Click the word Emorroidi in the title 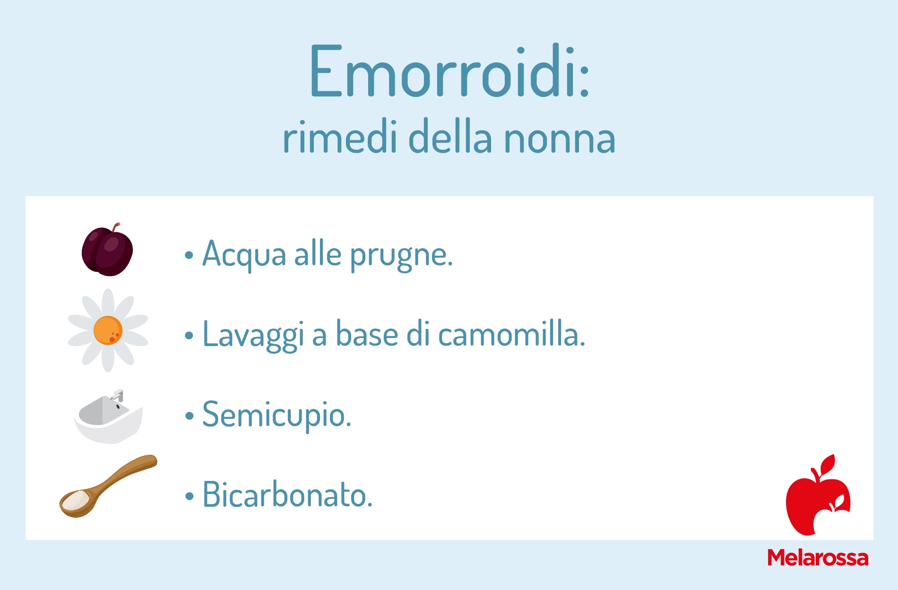(443, 71)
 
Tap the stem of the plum (116, 226)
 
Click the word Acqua (244, 255)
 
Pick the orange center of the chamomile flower (108, 330)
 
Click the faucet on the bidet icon (118, 395)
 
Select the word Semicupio (276, 416)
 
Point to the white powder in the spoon (75, 501)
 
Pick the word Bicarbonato (287, 495)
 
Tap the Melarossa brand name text (818, 557)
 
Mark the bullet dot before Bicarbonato (190, 496)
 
